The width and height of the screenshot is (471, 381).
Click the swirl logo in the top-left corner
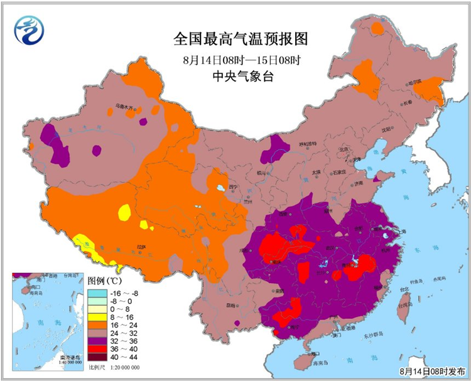pos(28,29)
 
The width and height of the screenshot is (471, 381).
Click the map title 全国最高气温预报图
pos(241,40)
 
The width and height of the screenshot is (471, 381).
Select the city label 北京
pos(343,149)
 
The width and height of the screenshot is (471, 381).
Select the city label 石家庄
pos(341,171)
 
